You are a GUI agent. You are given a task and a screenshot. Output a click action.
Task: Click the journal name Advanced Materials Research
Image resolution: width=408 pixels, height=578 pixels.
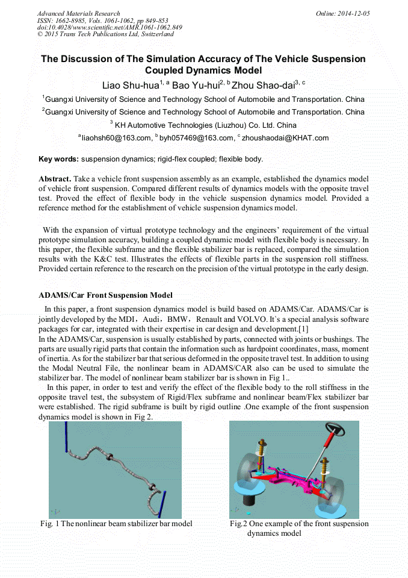pos(79,13)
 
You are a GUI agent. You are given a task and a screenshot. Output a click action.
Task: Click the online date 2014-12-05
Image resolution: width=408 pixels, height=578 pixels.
pos(351,13)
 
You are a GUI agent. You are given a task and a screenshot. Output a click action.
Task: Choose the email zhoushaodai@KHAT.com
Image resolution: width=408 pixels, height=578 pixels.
pos(285,139)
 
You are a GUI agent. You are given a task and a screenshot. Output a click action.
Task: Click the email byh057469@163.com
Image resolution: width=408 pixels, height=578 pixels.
pos(196,139)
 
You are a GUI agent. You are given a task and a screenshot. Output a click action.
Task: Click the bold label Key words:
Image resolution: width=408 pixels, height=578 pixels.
pos(58,159)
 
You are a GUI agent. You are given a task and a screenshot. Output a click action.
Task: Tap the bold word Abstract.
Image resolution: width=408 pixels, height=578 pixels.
pos(55,180)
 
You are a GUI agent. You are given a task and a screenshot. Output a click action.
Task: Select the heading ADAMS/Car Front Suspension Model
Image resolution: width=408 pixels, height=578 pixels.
pos(105,295)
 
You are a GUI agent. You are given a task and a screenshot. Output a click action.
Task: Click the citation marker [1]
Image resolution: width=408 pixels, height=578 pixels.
pos(303,329)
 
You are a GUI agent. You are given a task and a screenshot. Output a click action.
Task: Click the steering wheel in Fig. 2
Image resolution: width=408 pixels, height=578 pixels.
pos(335,431)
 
